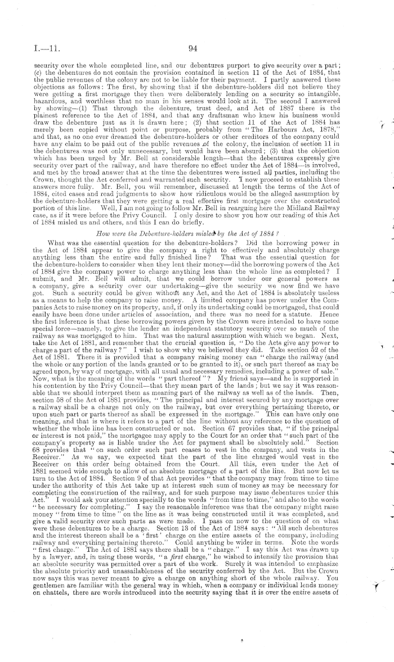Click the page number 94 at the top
191,48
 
